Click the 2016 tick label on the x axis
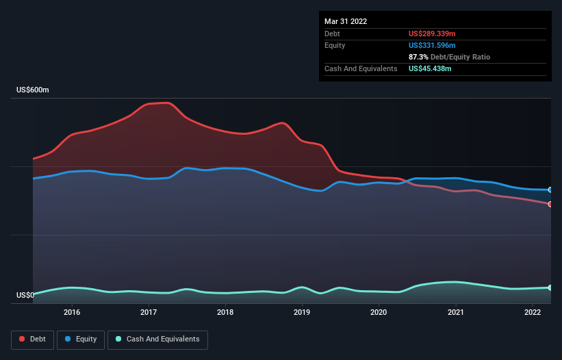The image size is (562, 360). [x=72, y=313]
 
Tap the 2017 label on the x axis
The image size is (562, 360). [x=149, y=313]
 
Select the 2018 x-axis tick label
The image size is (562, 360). [x=225, y=313]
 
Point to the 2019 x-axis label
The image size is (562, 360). [x=302, y=313]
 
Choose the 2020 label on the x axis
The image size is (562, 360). [x=379, y=313]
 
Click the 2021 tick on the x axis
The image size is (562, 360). [x=456, y=313]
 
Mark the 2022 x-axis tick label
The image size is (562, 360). [x=533, y=313]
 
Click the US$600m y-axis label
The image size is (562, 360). [x=32, y=90]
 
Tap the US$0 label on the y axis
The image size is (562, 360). [x=25, y=296]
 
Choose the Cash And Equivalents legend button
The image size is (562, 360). [x=157, y=339]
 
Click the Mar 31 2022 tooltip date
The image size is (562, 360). [x=346, y=21]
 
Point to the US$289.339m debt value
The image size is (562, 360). [x=431, y=34]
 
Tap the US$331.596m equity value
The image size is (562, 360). [x=431, y=45]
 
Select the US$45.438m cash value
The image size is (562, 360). [x=429, y=68]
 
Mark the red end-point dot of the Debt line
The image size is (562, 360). [x=550, y=204]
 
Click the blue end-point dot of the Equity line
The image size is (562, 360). [x=550, y=190]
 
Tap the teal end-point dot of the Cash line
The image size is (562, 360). [x=550, y=287]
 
